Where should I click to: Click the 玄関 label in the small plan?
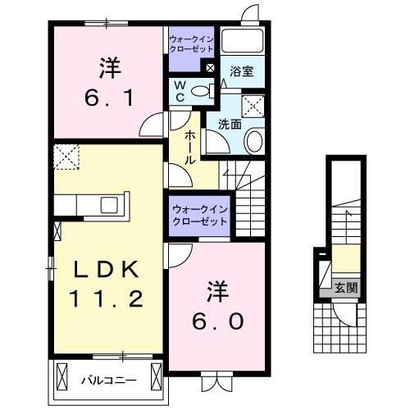coord(345,288)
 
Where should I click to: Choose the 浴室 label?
coord(241,72)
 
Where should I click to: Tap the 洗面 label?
coord(229,125)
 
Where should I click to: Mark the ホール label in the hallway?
coord(189,148)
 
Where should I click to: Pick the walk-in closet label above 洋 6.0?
coord(201,216)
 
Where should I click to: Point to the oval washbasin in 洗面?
coord(253,141)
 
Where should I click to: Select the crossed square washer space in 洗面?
coord(253,104)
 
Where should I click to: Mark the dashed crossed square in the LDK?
coord(65,155)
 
